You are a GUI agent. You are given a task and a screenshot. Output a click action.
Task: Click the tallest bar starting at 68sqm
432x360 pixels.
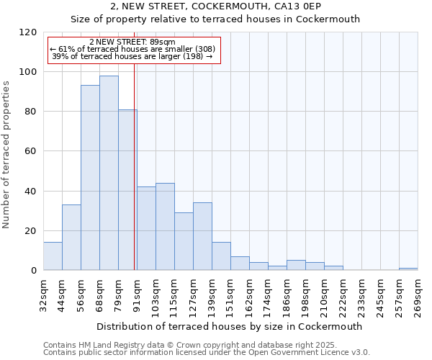click(109, 173)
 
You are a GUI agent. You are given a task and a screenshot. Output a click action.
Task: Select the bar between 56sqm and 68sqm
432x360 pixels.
click(90, 178)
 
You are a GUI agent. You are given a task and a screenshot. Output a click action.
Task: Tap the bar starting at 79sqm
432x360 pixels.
click(127, 190)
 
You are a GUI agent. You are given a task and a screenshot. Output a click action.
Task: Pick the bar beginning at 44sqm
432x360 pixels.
click(71, 238)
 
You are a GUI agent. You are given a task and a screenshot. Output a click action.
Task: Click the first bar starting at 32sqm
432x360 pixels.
click(53, 256)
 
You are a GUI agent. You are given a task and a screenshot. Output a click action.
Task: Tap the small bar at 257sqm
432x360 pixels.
click(408, 269)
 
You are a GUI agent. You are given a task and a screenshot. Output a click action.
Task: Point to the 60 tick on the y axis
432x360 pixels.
click(32, 151)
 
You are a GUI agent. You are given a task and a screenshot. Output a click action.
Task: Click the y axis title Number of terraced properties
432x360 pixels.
click(6, 155)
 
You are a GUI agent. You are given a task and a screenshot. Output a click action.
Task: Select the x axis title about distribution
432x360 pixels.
click(229, 326)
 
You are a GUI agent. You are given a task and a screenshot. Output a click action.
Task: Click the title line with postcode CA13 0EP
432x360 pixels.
click(216, 6)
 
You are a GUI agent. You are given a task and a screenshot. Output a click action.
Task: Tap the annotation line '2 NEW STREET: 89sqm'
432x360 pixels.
click(132, 42)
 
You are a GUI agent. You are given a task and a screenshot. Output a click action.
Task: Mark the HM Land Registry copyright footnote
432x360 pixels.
click(190, 346)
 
